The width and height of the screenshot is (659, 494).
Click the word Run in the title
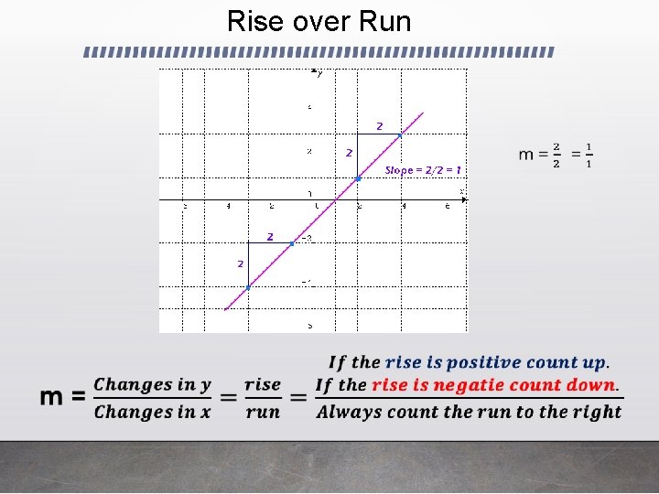click(x=384, y=21)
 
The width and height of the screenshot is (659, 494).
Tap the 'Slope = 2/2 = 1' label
click(x=423, y=170)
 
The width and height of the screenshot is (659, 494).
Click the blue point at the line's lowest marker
click(x=248, y=287)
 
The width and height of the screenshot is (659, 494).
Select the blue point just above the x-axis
click(x=358, y=178)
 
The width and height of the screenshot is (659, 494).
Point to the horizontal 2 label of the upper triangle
click(x=379, y=125)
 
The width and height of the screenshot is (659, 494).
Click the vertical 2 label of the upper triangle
click(x=349, y=153)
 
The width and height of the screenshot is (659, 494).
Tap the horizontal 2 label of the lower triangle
click(x=270, y=237)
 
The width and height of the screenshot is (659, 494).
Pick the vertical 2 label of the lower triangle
click(x=240, y=263)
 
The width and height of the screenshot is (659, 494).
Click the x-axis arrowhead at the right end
click(x=463, y=199)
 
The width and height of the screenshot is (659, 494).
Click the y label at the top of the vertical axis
click(x=317, y=70)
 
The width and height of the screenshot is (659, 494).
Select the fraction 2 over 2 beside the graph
click(x=556, y=156)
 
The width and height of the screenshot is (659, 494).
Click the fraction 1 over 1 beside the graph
click(x=588, y=156)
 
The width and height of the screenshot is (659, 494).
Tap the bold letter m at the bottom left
click(x=52, y=397)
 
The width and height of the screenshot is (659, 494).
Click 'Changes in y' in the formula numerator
click(x=152, y=384)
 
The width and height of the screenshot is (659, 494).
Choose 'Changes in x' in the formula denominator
click(x=152, y=412)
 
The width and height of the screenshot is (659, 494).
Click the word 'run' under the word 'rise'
click(x=263, y=412)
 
